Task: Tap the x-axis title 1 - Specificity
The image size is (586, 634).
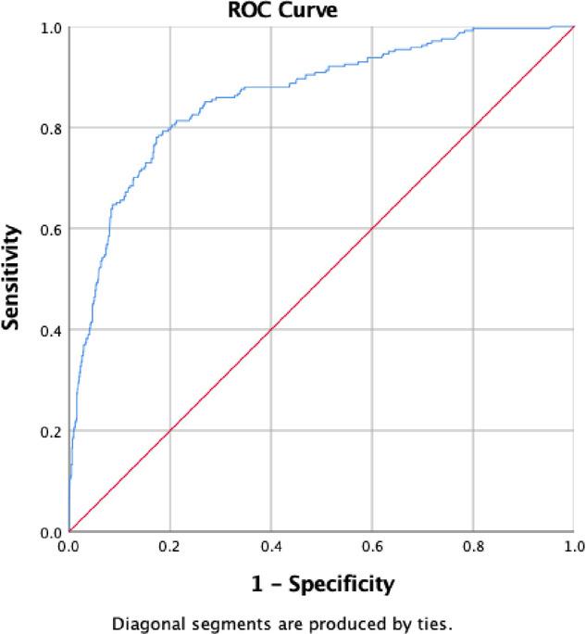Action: tap(321, 584)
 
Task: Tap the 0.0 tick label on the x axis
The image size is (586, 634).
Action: tap(69, 549)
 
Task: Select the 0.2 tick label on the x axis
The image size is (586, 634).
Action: tap(169, 549)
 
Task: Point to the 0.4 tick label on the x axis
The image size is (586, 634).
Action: tap(270, 549)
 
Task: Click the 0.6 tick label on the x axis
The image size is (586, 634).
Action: tap(371, 549)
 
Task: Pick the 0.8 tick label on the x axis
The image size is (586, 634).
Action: tap(472, 549)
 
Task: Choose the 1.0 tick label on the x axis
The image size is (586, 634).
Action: tap(573, 549)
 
